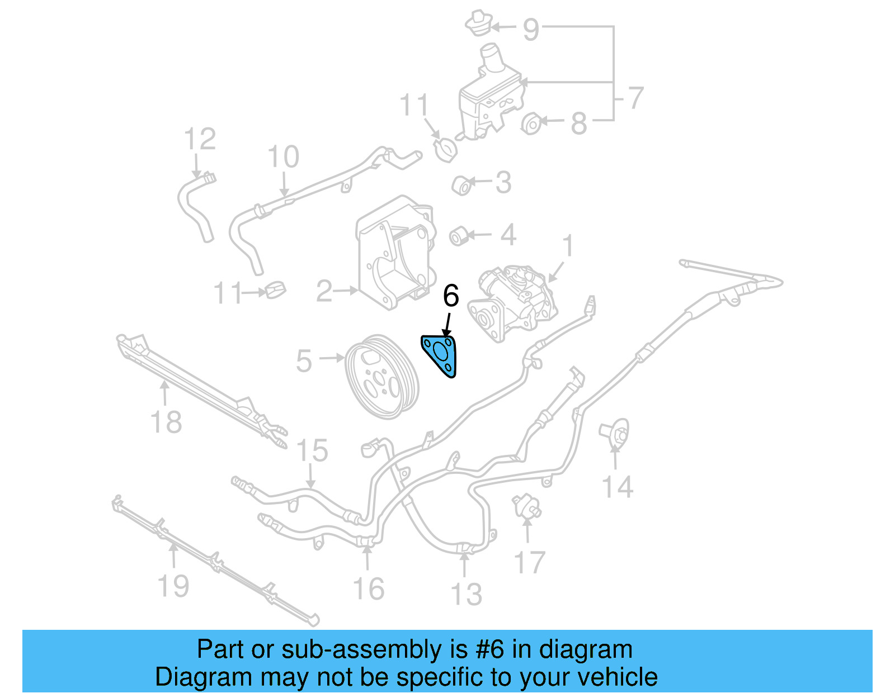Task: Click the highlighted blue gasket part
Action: tap(440, 354)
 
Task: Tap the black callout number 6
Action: tap(451, 296)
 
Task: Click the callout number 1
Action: tap(568, 246)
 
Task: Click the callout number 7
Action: tap(635, 98)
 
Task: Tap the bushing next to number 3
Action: tap(463, 186)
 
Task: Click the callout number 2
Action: tap(324, 291)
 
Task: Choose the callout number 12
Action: tap(200, 139)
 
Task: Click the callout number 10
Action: tap(284, 157)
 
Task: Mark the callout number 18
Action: tap(166, 422)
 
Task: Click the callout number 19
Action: tap(173, 586)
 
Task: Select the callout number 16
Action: tap(369, 589)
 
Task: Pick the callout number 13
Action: tap(466, 594)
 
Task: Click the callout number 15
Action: tap(312, 450)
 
